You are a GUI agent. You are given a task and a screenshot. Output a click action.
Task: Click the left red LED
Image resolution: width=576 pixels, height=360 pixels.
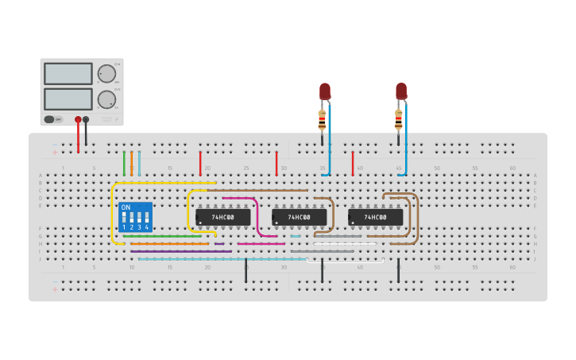pos(325,91)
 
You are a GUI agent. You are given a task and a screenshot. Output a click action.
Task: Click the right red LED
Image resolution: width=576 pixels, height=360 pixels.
pos(401,91)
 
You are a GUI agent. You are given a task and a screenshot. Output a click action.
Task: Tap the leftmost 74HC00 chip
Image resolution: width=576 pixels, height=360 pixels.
pos(223,217)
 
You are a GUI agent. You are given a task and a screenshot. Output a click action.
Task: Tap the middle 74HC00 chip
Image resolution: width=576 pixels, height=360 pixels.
pos(300,217)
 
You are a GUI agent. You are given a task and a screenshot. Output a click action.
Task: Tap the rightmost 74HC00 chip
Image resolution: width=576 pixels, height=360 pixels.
pos(376,217)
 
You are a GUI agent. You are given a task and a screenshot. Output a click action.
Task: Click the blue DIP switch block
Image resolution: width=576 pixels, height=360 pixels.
pos(135,217)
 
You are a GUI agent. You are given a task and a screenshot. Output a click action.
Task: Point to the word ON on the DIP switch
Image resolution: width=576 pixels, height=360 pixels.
pos(126,207)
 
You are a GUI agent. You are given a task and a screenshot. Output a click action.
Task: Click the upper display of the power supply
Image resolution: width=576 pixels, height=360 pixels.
pos(68,74)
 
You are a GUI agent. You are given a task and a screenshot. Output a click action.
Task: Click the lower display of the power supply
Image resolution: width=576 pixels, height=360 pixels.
pos(68,99)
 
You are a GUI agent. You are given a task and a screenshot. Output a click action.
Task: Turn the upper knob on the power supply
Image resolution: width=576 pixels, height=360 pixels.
pos(106,74)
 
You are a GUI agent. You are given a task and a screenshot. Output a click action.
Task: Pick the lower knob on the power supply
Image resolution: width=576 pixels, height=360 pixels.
pos(106,99)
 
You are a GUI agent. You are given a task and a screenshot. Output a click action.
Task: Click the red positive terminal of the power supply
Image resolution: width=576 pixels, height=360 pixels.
pos(78,120)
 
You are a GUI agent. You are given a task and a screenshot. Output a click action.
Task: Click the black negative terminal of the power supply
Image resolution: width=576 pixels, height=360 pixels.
pos(86,120)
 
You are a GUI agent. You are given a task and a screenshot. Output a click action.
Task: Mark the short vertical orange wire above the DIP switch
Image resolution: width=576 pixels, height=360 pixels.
pos(132,163)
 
